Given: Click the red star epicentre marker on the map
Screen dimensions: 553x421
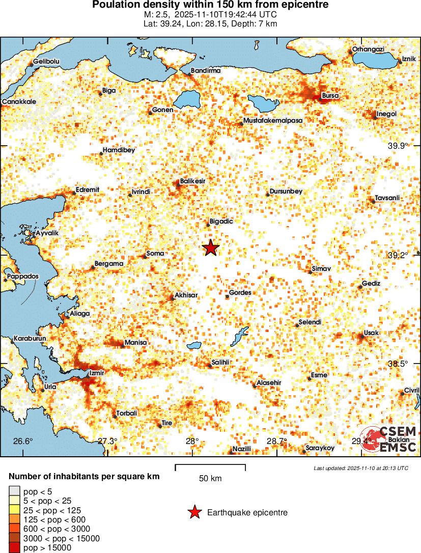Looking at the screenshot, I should pyautogui.click(x=211, y=248).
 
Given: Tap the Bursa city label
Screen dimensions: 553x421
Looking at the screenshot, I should pyautogui.click(x=330, y=95).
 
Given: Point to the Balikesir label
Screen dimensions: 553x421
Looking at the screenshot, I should pyautogui.click(x=193, y=181).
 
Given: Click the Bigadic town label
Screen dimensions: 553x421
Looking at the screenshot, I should pyautogui.click(x=221, y=222).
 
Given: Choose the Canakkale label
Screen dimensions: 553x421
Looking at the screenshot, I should pyautogui.click(x=19, y=102).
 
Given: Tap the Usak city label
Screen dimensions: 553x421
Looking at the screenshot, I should pyautogui.click(x=371, y=333).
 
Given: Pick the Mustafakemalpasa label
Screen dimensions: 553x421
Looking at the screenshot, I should pyautogui.click(x=273, y=121).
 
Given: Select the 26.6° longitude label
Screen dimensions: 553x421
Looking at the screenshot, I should pyautogui.click(x=23, y=441).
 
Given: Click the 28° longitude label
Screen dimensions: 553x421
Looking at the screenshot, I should pyautogui.click(x=192, y=441).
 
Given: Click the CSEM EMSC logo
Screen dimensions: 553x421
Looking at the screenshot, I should pyautogui.click(x=389, y=439).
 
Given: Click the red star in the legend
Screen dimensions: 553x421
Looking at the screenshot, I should pyautogui.click(x=194, y=513).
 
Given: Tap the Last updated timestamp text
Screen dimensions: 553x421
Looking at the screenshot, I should pyautogui.click(x=360, y=468).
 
